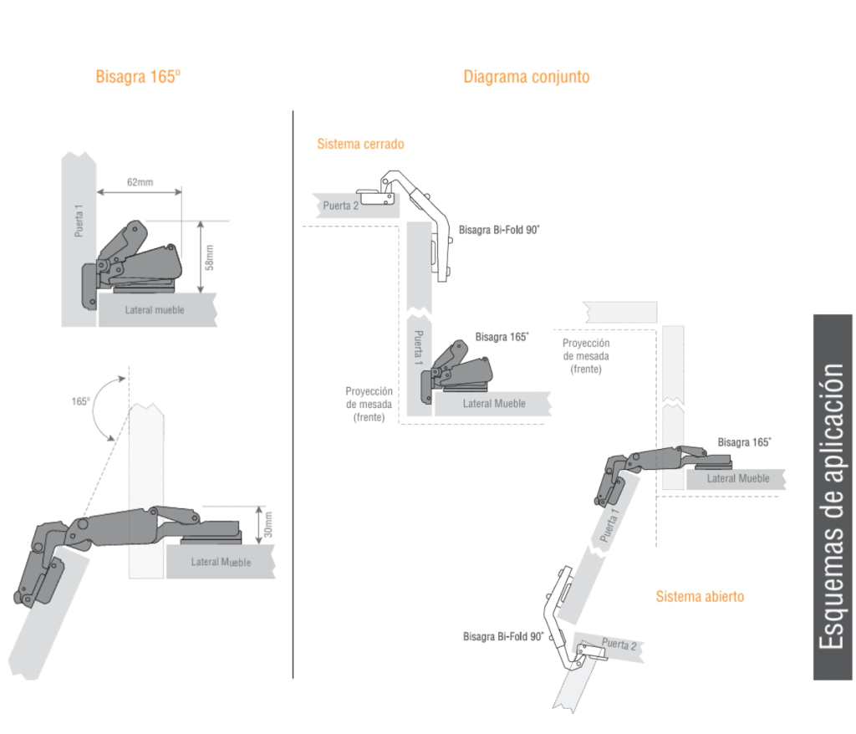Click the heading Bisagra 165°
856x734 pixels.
point(138,77)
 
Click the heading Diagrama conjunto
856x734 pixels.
point(526,77)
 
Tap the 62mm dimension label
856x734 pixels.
point(139,181)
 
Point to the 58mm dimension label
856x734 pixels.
point(211,257)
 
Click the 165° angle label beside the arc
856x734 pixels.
point(80,400)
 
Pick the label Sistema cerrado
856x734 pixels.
point(360,144)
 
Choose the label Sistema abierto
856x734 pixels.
point(699,596)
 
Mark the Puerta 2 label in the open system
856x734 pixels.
point(619,645)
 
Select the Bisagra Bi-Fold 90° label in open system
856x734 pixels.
point(503,636)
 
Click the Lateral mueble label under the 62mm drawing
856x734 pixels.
point(155,310)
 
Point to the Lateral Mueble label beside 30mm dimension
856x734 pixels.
point(221,562)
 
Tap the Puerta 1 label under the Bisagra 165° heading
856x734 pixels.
point(79,221)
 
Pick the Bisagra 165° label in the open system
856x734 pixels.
point(744,441)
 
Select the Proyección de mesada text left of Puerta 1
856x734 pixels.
point(369,404)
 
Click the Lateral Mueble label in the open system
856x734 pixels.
point(737,478)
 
